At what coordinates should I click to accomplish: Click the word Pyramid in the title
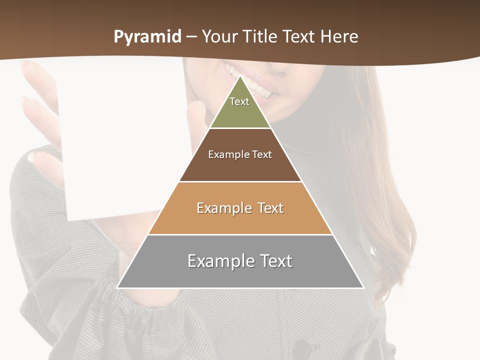147,37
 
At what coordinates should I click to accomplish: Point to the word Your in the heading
219,37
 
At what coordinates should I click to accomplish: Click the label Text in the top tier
239,101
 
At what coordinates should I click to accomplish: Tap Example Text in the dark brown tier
240,154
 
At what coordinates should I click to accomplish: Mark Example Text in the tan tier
240,208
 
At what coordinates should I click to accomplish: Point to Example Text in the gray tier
240,261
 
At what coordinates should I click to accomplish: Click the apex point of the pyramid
240,76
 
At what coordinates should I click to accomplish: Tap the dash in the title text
191,37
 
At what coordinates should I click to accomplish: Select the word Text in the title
299,37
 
